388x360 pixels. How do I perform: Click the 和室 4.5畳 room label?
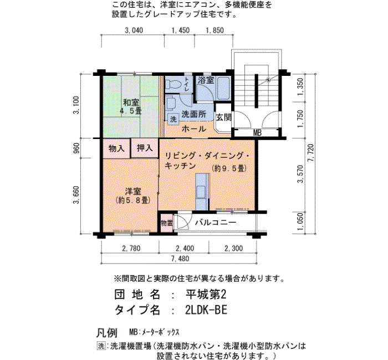pos(131,106)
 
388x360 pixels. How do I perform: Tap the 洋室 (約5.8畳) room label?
pos(131,194)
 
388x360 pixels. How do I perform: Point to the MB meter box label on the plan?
pos(257,133)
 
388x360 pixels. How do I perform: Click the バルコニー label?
pos(216,223)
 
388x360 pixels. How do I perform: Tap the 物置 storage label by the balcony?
pos(166,223)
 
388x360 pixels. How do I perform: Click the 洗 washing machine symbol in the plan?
pos(173,119)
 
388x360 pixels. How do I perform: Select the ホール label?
pos(194,128)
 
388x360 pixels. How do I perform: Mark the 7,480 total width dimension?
pos(180,258)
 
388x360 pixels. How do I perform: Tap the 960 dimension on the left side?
pos(76,148)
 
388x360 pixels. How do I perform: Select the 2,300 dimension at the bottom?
pos(234,248)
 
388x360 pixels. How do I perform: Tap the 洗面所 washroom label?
pos(194,114)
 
